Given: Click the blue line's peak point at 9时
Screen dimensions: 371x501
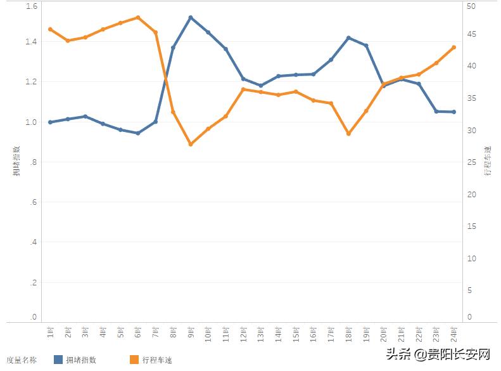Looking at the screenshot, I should [x=191, y=17].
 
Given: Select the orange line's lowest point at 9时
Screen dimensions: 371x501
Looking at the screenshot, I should [x=191, y=145].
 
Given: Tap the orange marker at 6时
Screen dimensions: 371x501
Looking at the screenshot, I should [x=138, y=17].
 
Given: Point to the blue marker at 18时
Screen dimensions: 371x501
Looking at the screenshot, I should [x=348, y=38].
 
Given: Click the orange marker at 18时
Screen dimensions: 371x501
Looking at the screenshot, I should [x=348, y=134].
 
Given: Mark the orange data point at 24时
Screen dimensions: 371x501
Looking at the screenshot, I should [x=453, y=47].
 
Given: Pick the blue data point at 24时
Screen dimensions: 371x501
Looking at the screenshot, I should [x=453, y=112].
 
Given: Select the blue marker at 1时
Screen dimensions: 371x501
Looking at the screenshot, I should [x=50, y=122].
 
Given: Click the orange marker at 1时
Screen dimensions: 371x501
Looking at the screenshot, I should [x=50, y=29].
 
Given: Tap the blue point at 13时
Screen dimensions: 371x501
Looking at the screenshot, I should [x=261, y=86].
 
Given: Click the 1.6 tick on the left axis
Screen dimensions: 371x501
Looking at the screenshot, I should [x=32, y=6].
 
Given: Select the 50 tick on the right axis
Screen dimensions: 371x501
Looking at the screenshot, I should [x=470, y=6].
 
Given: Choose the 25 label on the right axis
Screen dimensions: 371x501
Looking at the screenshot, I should [x=470, y=162].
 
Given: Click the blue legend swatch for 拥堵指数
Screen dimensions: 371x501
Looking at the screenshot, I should [x=59, y=360].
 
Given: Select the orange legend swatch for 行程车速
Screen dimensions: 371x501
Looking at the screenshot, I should [x=134, y=360].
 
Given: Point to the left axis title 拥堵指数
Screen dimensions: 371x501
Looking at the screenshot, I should [x=17, y=161].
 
